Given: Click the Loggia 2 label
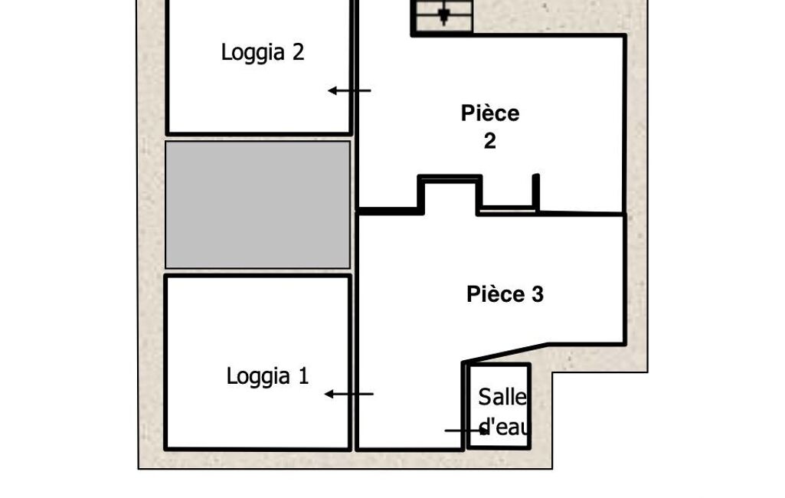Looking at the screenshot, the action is click(x=263, y=53).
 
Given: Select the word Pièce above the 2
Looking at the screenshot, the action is click(x=490, y=113).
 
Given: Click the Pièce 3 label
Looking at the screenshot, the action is click(x=505, y=294).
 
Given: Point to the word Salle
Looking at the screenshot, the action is click(x=502, y=398).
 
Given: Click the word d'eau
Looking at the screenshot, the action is click(x=503, y=428).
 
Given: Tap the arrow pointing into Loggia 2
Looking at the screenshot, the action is click(x=349, y=90).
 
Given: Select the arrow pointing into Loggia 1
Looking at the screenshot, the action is click(x=349, y=395).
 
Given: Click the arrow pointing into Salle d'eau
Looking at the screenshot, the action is click(x=466, y=431).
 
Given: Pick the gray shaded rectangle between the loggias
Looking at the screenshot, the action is click(x=258, y=205).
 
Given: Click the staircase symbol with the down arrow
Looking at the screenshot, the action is click(x=443, y=16).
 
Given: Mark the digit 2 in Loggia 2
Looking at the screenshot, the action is click(x=299, y=52).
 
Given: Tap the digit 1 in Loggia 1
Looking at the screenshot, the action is click(x=303, y=375).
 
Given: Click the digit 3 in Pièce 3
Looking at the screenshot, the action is click(x=538, y=294).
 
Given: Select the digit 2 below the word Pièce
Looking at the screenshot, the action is click(x=490, y=141).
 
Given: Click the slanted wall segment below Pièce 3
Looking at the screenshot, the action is click(x=505, y=352).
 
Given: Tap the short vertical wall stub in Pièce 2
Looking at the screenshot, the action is click(x=535, y=192).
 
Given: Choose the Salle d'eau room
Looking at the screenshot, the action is click(x=499, y=406).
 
